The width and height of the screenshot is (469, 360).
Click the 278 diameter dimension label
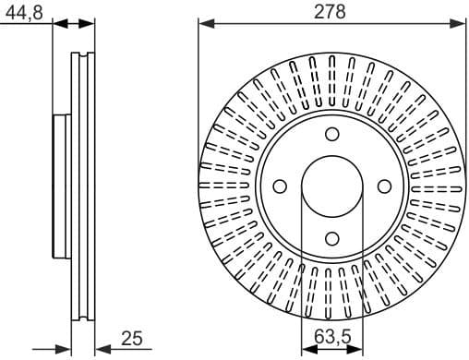pyautogui.click(x=330, y=11)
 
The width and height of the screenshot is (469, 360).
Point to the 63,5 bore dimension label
pyautogui.click(x=330, y=340)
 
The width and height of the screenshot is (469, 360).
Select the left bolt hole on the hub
pyautogui.click(x=278, y=186)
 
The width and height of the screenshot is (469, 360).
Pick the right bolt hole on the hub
pyautogui.click(x=382, y=186)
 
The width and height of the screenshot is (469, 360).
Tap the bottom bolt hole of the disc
pyautogui.click(x=330, y=238)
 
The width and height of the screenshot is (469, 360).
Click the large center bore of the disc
pyautogui.click(x=330, y=186)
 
